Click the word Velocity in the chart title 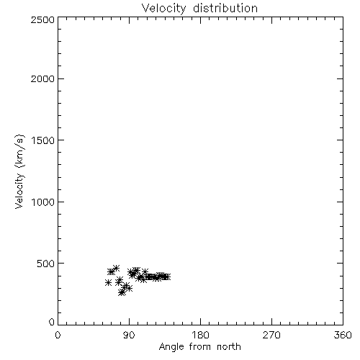click(x=164, y=9)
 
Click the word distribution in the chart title click(x=225, y=8)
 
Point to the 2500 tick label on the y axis click(x=42, y=19)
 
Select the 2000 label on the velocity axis click(x=42, y=78)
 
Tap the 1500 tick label click(x=43, y=140)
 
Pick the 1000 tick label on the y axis click(x=43, y=202)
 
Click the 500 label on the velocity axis click(x=46, y=264)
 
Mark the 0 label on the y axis click(x=52, y=322)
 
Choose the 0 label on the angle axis click(x=58, y=335)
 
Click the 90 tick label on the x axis click(x=129, y=335)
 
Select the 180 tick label click(x=200, y=335)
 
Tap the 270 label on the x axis click(x=271, y=335)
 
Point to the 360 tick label click(x=343, y=335)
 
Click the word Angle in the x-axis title click(x=171, y=347)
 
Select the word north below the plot click(x=229, y=346)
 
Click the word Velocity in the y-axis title click(x=19, y=191)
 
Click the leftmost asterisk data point click(x=108, y=283)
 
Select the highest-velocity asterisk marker click(x=117, y=268)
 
